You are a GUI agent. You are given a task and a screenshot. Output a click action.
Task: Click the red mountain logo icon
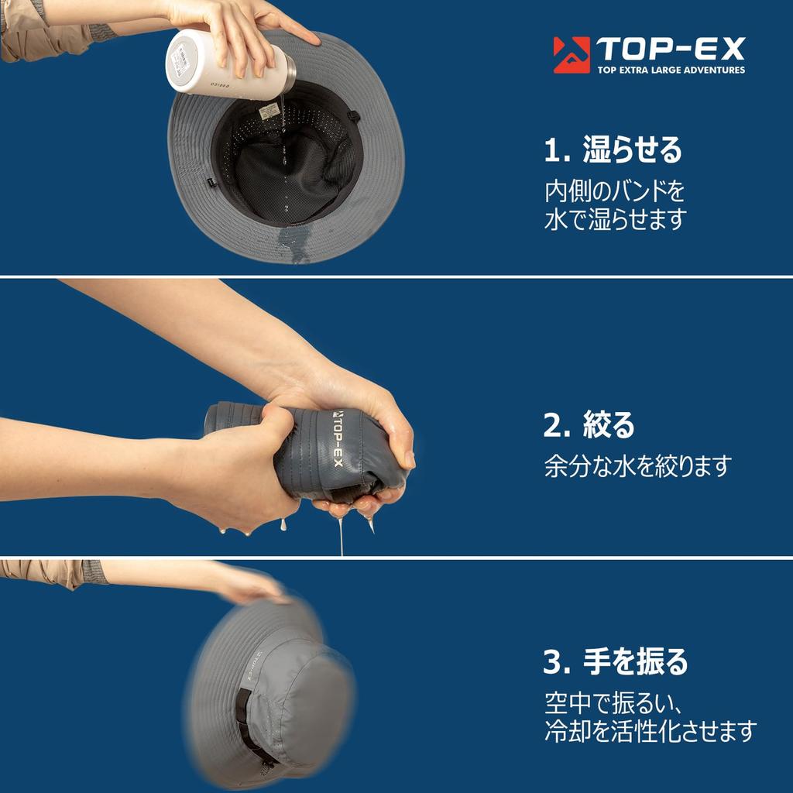click(x=572, y=55)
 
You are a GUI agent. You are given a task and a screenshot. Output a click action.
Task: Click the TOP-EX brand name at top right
click(x=671, y=49)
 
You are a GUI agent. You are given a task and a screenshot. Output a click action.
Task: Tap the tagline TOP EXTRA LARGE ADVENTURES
click(x=671, y=70)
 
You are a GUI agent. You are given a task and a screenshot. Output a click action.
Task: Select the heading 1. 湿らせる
click(x=613, y=149)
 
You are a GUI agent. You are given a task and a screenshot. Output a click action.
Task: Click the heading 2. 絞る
click(x=589, y=424)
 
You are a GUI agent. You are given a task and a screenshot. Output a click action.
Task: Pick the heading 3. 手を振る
click(x=616, y=661)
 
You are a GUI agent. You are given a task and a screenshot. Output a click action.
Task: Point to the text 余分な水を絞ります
click(x=638, y=465)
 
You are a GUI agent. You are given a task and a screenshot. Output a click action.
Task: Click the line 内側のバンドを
click(x=614, y=191)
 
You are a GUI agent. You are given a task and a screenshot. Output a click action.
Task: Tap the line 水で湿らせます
click(x=616, y=219)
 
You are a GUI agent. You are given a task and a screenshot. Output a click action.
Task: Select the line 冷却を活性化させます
click(x=651, y=731)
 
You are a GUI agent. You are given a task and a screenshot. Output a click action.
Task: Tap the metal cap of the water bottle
click(x=289, y=78)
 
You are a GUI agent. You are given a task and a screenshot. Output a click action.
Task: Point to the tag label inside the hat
click(x=269, y=112)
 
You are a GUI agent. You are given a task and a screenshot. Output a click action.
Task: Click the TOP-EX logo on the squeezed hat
click(x=338, y=438)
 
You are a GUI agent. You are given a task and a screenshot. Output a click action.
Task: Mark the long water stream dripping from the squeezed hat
click(x=341, y=536)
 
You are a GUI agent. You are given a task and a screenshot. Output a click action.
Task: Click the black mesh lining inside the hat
click(x=288, y=167)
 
